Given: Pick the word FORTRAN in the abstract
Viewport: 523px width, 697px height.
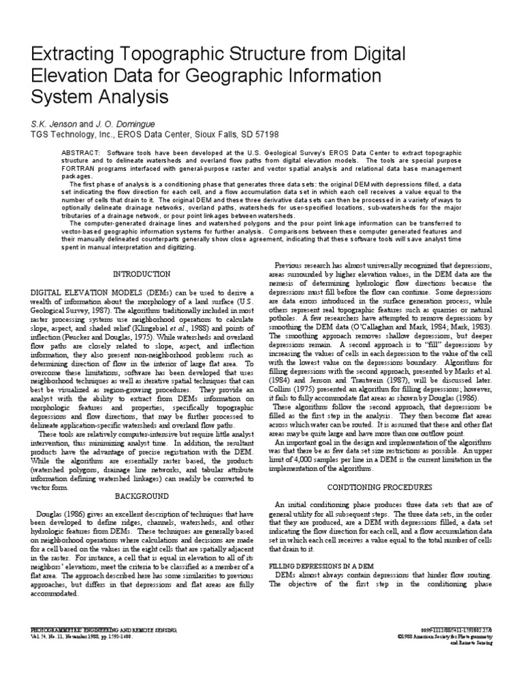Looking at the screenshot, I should [80, 169].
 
